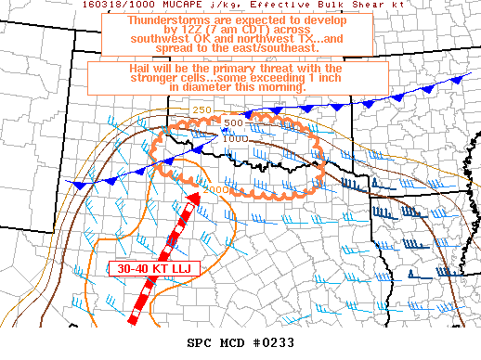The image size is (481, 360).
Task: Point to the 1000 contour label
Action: pos(235,138)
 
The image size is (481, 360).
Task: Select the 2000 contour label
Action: pos(219,189)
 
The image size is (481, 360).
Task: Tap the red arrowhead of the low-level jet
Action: pos(194,199)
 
